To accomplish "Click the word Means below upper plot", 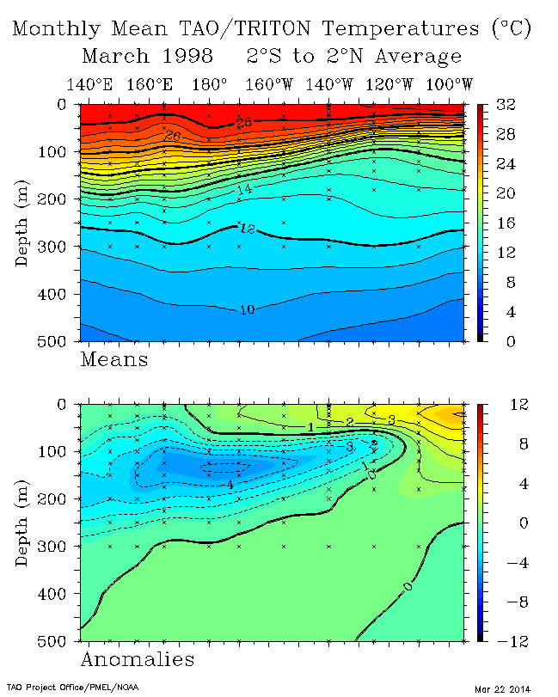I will pos(113,359).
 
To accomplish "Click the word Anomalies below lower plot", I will pos(137,659).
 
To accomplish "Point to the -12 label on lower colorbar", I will pos(502,640).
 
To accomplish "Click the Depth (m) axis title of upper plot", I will pos(23,223).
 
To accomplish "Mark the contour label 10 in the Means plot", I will pos(247,309).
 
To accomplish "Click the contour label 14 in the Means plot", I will pos(245,188).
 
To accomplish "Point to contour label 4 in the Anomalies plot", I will pos(230,485).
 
